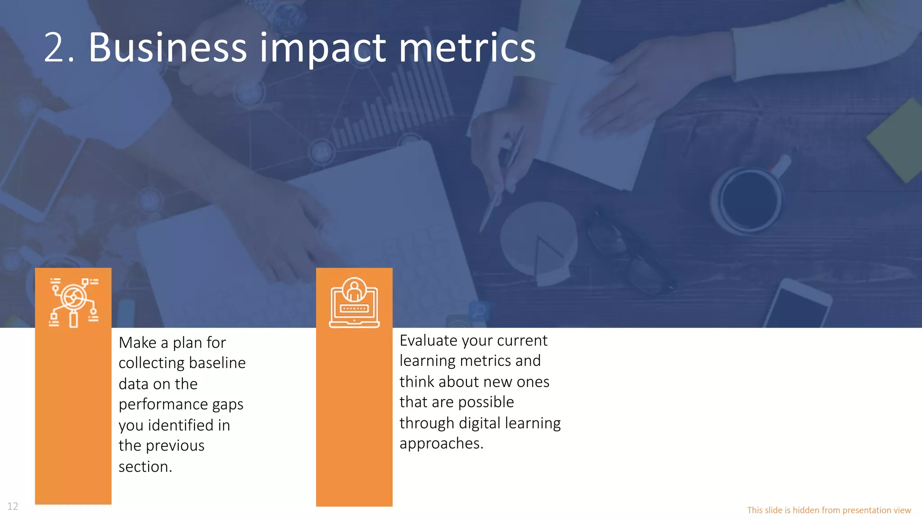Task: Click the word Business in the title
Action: (167, 48)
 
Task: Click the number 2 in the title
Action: (54, 48)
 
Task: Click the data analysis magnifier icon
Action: (73, 302)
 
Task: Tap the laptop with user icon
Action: (354, 302)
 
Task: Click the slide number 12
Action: (13, 506)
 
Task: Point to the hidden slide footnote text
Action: (829, 510)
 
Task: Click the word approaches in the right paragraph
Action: (441, 444)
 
